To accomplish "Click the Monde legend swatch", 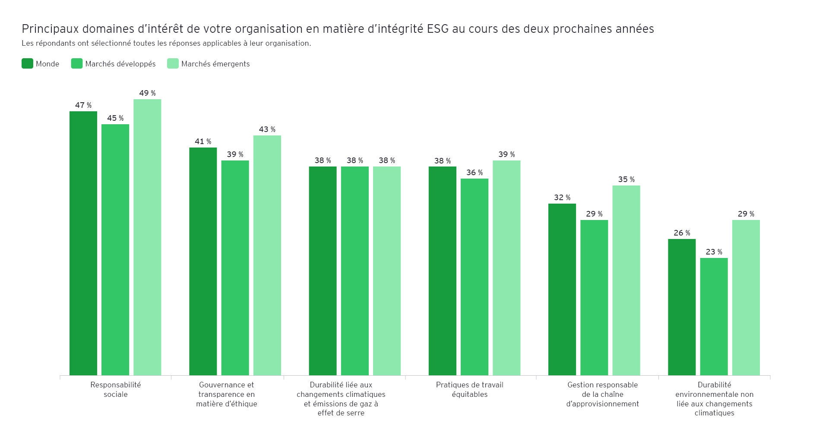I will [x=27, y=64].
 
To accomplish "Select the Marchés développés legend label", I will [x=120, y=64].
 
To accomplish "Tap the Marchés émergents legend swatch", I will [x=173, y=64].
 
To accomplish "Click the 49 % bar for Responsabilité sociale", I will [x=147, y=237].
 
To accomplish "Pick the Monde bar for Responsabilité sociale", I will [x=83, y=243].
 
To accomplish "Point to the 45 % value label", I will [x=115, y=118].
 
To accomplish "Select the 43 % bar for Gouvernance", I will [x=267, y=255].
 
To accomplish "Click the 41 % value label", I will [x=203, y=141].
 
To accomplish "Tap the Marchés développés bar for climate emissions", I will [x=355, y=271].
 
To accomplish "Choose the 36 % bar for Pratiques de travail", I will [x=475, y=277].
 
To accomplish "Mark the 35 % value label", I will [x=626, y=179].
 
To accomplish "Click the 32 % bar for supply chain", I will [x=562, y=289].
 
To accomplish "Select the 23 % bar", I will [x=714, y=317].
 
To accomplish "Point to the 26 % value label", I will [x=682, y=233].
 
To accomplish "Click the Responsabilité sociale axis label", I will [x=115, y=390].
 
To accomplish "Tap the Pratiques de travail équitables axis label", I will [x=469, y=390].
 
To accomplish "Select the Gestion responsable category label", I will [x=602, y=394].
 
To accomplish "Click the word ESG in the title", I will [x=438, y=29].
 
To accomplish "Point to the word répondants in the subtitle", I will [x=57, y=43].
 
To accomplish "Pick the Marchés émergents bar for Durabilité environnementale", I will [x=746, y=298].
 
